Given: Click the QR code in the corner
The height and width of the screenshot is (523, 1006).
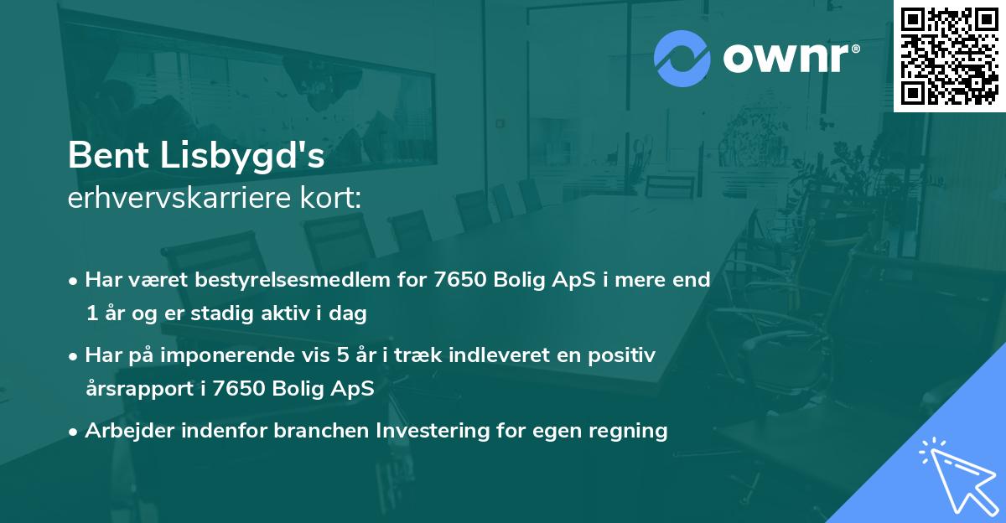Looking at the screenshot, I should point(949,55).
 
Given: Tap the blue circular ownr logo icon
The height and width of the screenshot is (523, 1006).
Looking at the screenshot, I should point(682,59).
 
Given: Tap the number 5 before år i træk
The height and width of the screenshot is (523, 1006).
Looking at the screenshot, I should point(342,355).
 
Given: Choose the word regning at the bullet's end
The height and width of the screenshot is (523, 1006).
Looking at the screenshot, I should point(628,432).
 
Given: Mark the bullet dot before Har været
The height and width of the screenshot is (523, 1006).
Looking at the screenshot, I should point(75,280).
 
